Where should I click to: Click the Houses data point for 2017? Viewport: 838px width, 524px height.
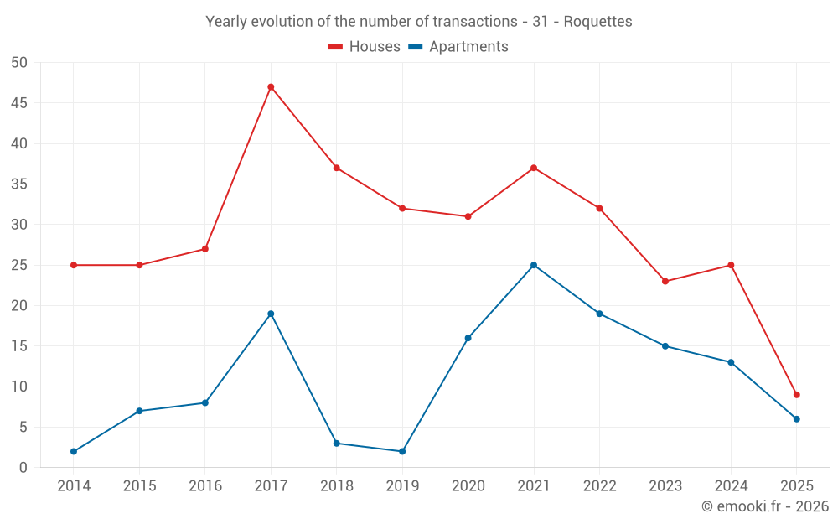[271, 86]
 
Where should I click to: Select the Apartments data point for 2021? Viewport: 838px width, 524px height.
[534, 265]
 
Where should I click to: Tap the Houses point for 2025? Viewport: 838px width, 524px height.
[797, 395]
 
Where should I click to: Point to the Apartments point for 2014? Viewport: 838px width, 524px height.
[74, 451]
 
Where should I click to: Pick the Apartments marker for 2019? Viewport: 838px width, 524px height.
[402, 451]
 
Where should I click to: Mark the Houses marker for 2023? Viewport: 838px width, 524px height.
[665, 281]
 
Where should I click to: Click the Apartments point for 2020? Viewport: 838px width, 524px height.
[468, 338]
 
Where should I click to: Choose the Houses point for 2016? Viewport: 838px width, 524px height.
[205, 249]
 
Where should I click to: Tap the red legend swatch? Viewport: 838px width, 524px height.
[335, 47]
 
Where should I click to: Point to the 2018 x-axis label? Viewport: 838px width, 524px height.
[337, 486]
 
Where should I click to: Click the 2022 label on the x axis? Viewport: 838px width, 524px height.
[599, 486]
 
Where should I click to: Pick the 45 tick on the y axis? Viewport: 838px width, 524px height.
[19, 103]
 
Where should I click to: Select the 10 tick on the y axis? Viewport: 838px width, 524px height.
[19, 387]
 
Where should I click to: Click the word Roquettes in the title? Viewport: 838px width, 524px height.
[597, 21]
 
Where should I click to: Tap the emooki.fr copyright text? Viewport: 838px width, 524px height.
[765, 506]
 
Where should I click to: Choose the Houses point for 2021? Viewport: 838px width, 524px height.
[534, 168]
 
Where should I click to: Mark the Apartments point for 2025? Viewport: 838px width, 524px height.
[797, 419]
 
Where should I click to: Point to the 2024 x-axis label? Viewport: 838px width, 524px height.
[731, 486]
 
